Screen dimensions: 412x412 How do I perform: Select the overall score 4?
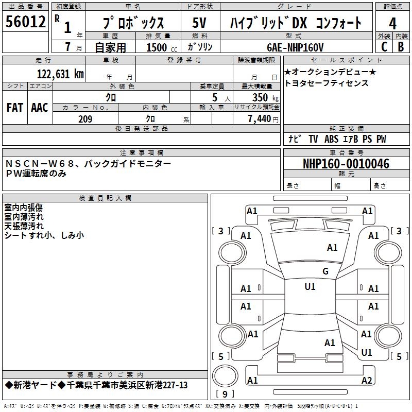(x=392, y=23)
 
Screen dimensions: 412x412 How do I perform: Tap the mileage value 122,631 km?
(x=60, y=74)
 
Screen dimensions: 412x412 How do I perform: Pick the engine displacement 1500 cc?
(x=160, y=47)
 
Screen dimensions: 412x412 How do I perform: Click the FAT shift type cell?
(x=14, y=108)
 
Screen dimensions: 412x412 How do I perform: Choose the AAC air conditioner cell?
(x=40, y=108)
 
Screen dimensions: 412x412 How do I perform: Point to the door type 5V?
(x=200, y=23)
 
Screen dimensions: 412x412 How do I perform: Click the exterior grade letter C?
(x=384, y=46)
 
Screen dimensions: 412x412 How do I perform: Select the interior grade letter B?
(x=401, y=46)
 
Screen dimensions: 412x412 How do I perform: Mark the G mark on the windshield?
(x=325, y=271)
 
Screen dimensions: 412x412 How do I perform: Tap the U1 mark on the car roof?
(x=310, y=287)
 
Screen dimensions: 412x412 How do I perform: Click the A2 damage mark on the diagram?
(x=367, y=381)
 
